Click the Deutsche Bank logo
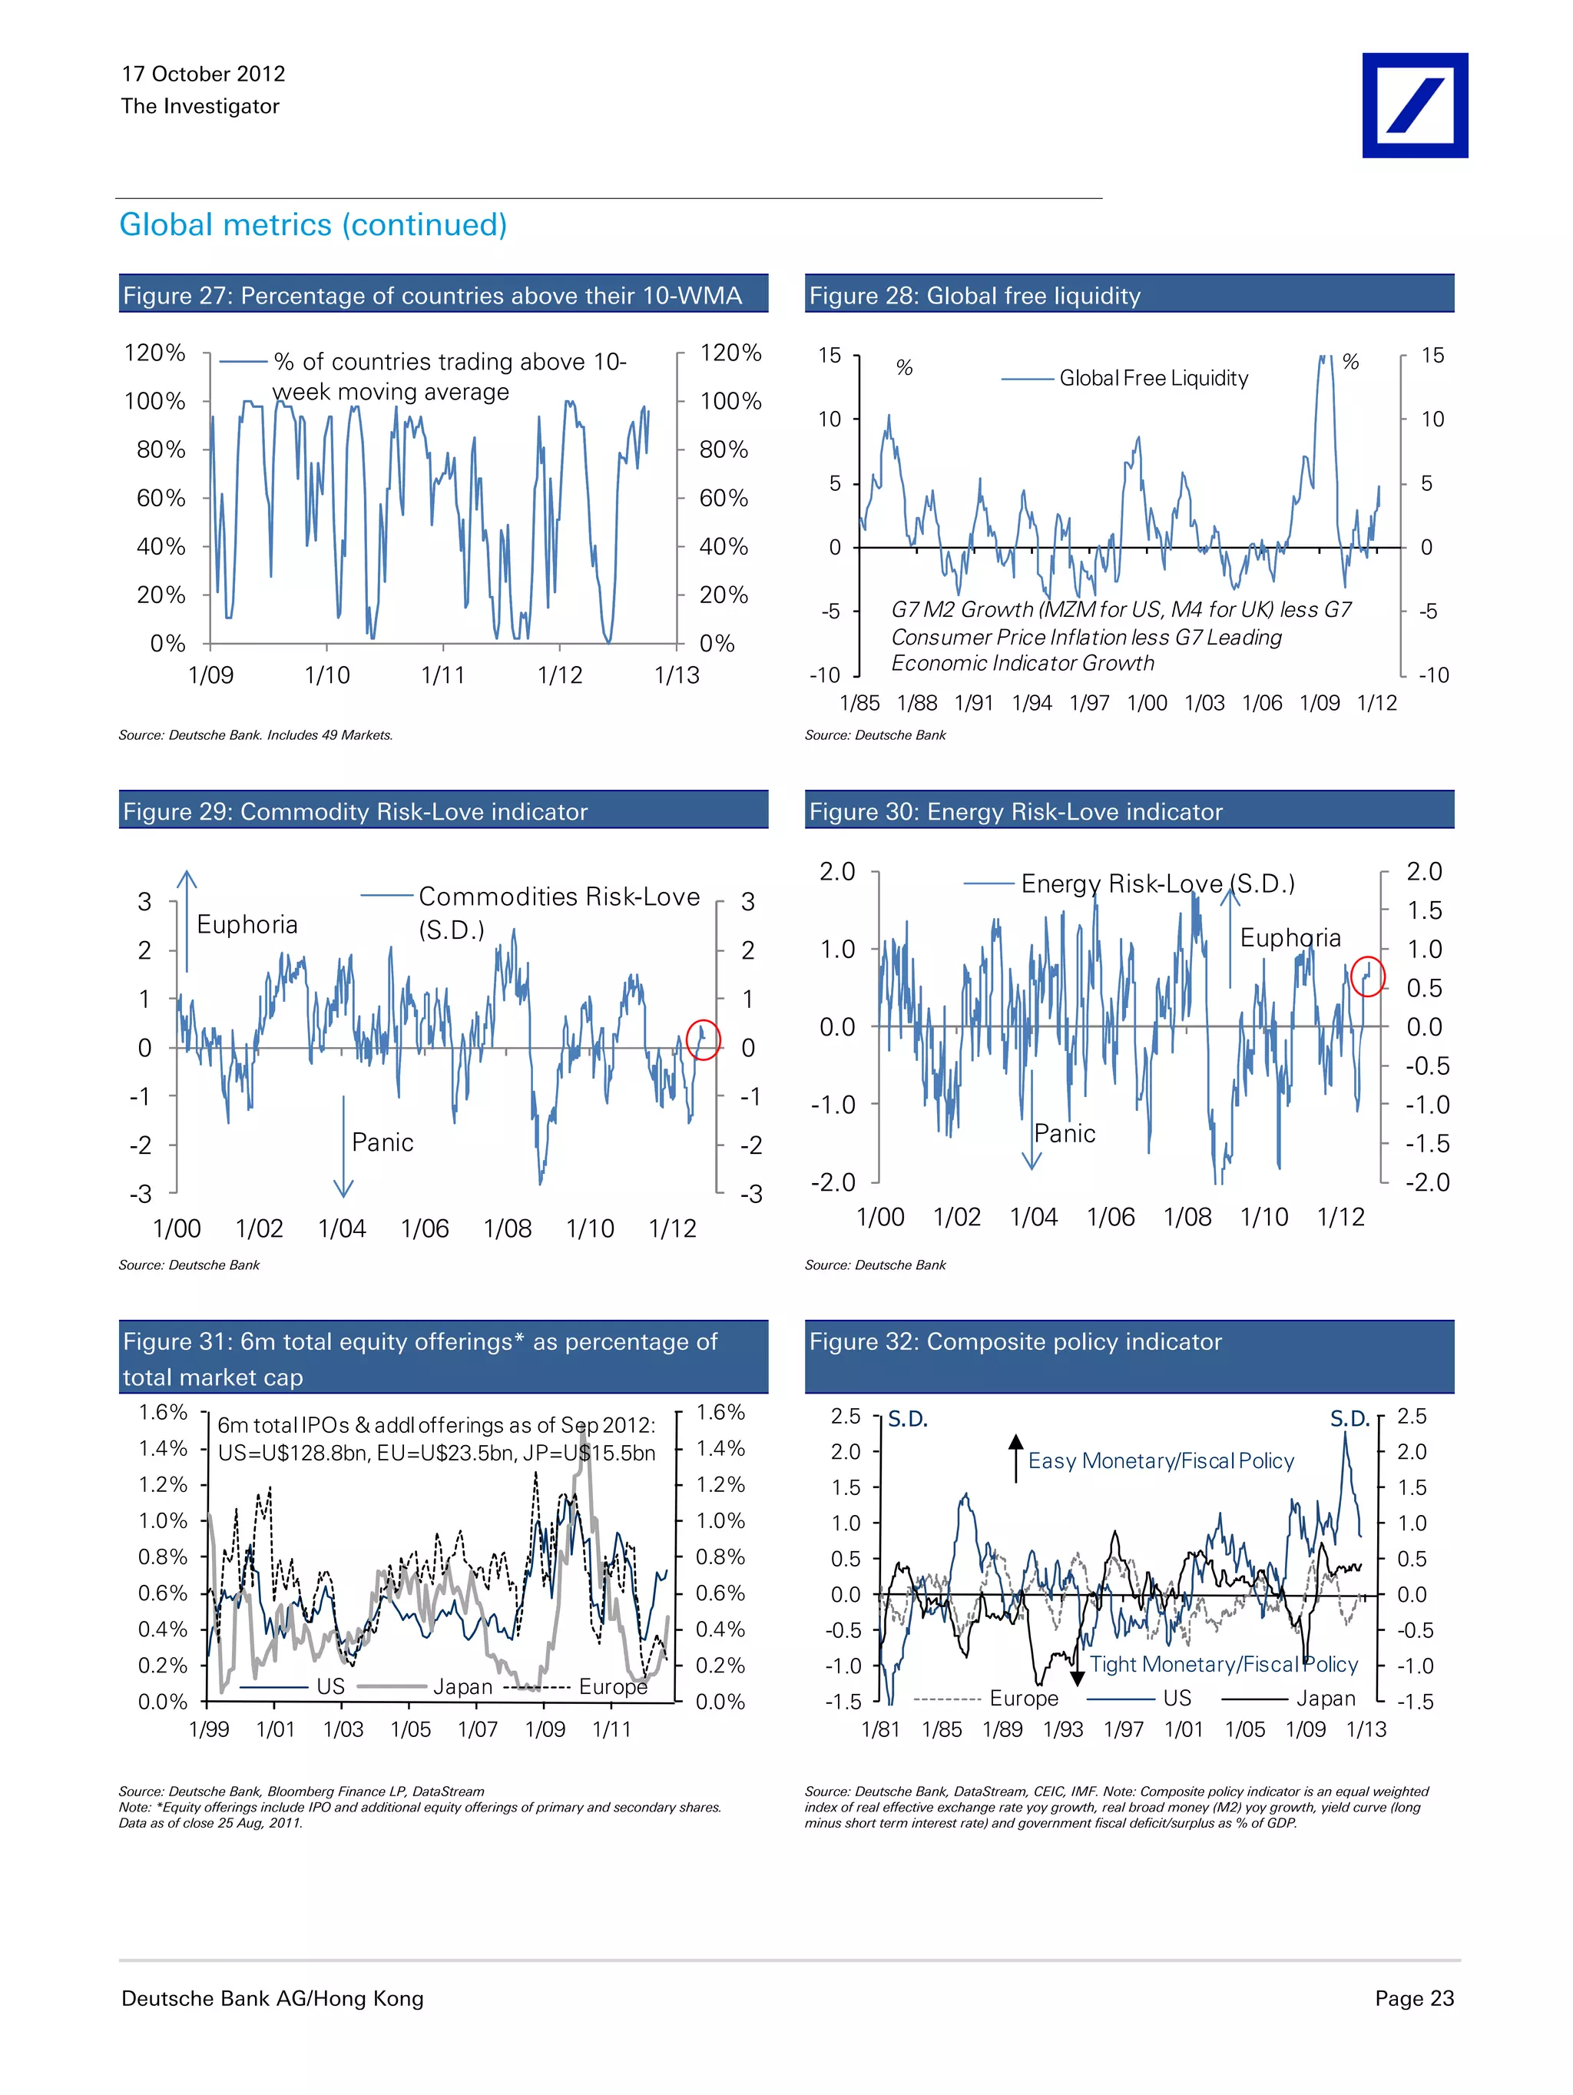click(x=1414, y=105)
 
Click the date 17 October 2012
click(x=203, y=74)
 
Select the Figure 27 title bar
click(x=442, y=294)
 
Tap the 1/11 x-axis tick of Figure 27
click(x=443, y=675)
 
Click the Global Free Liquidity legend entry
click(x=1153, y=378)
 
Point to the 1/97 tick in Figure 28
click(x=1089, y=703)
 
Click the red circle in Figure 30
click(x=1367, y=976)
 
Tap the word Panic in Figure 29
click(x=382, y=1142)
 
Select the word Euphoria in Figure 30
click(x=1290, y=937)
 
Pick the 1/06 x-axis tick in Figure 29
click(x=424, y=1228)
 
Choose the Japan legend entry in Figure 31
click(x=462, y=1687)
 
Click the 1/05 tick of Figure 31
click(x=410, y=1729)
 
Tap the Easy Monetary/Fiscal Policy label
click(x=1160, y=1460)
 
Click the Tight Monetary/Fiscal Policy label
click(x=1223, y=1664)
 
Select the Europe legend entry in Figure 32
click(x=1023, y=1698)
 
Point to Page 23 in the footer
click(x=1413, y=1997)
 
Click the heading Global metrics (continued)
click(x=313, y=224)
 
